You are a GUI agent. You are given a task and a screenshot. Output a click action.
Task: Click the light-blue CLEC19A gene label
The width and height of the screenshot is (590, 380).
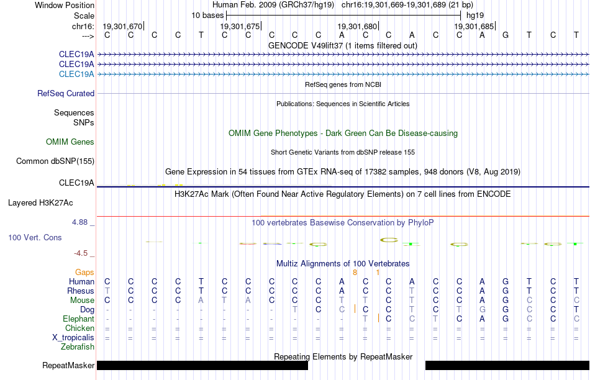(x=76, y=74)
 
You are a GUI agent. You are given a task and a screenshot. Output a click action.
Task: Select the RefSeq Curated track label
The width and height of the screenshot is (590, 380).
(x=66, y=93)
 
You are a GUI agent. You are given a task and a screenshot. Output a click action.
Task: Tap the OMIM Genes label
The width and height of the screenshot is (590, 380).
(x=70, y=142)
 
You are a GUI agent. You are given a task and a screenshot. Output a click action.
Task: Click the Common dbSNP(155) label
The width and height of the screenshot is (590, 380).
(x=55, y=161)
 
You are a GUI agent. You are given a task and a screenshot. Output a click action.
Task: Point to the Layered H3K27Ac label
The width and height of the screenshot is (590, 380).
(x=40, y=203)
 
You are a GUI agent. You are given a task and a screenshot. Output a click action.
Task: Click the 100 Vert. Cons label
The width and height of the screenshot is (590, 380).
(x=35, y=237)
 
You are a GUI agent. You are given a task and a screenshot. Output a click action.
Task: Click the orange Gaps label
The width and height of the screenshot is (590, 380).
(x=84, y=272)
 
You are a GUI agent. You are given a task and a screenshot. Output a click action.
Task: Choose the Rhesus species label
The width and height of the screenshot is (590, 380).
(x=81, y=291)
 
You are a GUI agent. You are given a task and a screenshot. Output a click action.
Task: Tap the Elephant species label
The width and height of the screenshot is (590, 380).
(x=78, y=319)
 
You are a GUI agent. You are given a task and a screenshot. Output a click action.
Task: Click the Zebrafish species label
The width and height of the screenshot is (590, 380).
(x=78, y=346)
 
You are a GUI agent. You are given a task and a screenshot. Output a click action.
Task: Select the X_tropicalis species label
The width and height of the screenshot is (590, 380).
(x=73, y=338)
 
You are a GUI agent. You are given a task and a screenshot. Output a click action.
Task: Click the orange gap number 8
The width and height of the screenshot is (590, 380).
(x=355, y=272)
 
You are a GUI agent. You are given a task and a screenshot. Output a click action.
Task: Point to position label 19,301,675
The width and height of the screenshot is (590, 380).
(x=240, y=26)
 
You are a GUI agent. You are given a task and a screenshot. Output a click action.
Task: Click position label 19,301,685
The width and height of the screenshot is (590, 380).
(x=474, y=26)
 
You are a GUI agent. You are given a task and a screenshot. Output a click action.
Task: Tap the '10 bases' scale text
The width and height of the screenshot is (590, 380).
(x=207, y=16)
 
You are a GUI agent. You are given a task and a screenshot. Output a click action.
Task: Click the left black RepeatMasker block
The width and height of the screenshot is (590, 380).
(x=202, y=365)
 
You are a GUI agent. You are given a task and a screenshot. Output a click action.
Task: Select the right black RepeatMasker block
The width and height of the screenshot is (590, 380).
(x=507, y=365)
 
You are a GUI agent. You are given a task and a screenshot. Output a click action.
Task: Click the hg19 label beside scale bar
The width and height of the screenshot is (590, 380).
(x=475, y=16)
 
